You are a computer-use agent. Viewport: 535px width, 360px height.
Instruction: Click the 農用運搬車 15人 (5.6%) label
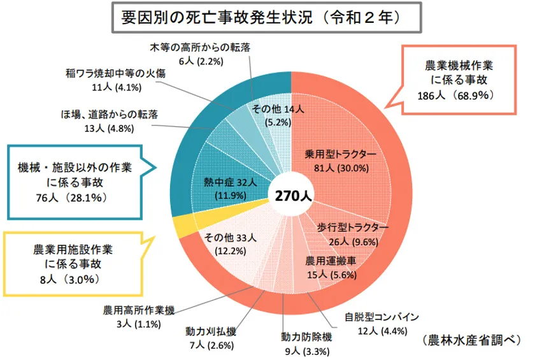pyautogui.click(x=330, y=268)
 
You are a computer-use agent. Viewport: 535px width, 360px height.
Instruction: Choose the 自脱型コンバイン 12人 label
pyautogui.click(x=381, y=323)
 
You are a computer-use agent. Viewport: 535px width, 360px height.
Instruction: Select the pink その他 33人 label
pyautogui.click(x=229, y=244)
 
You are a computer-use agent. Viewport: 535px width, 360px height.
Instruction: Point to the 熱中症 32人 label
pyautogui.click(x=231, y=189)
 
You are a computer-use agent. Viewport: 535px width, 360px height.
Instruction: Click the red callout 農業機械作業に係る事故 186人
pyautogui.click(x=459, y=79)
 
